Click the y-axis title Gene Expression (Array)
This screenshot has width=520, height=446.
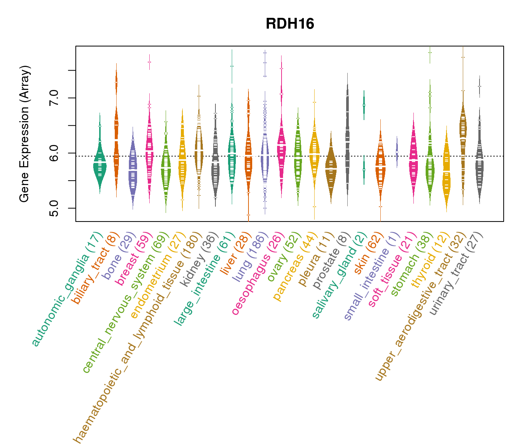coord(25,134)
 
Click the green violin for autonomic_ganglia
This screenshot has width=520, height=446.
coord(100,164)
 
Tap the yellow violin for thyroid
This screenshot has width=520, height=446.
coord(446,171)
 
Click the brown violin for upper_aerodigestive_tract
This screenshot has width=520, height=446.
coord(463,126)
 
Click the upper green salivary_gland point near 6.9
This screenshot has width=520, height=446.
coord(364,105)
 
